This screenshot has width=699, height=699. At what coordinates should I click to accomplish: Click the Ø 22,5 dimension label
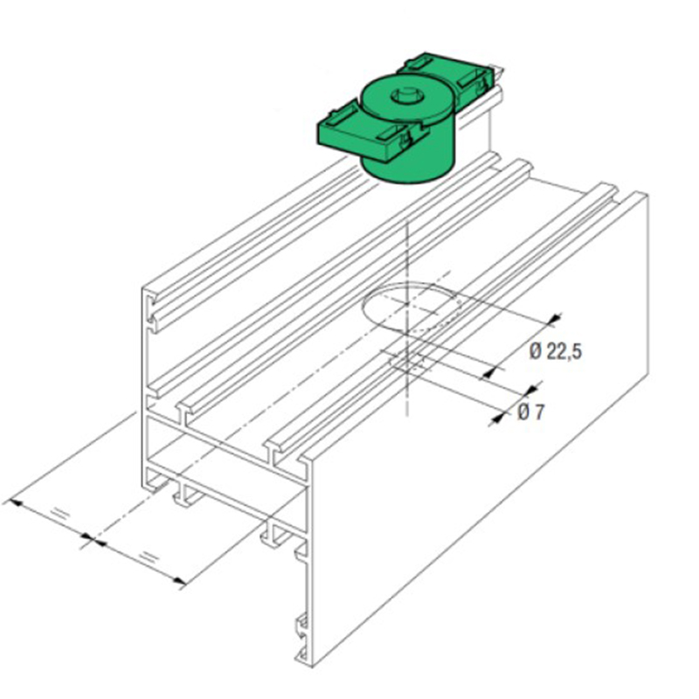(x=556, y=352)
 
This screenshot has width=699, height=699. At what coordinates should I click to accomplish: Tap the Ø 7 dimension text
(x=531, y=412)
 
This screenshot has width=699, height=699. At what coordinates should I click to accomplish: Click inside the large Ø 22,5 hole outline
(x=410, y=308)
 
